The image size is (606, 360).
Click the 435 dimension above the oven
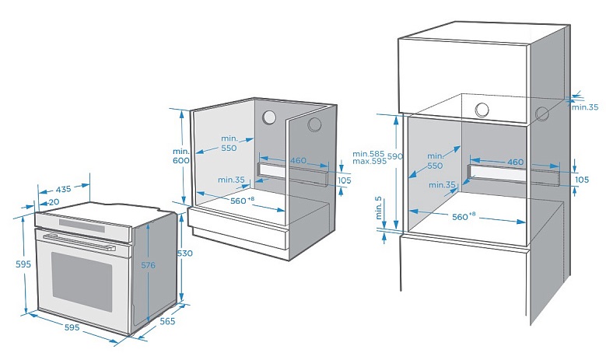pos(63,189)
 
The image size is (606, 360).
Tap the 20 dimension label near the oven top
pos(54,202)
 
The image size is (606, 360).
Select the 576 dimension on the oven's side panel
pos(148,265)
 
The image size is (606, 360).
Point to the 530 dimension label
pos(184,253)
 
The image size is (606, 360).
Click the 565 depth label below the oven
pos(168,321)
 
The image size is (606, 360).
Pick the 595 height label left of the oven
pos(23,264)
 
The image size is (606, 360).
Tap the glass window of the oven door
pos(82,277)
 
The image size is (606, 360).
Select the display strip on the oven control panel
pos(82,225)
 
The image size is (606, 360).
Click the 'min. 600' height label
pos(181,156)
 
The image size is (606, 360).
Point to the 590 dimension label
pos(395,156)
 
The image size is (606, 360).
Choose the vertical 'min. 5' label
pos(378,208)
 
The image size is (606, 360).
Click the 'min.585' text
pos(368,154)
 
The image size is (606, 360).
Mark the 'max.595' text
pos(370,161)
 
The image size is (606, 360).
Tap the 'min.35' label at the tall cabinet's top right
pos(585,107)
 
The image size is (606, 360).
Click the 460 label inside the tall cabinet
pos(515,162)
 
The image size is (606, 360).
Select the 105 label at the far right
pos(582,180)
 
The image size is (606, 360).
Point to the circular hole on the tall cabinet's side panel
pos(542,114)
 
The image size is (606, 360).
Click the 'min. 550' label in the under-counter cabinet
pos(229,143)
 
